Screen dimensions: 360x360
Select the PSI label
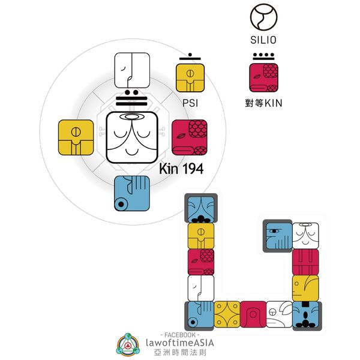[190, 103]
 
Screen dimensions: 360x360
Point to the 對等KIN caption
[264, 103]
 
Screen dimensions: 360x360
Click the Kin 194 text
[181, 169]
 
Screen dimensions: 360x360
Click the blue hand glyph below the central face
[132, 193]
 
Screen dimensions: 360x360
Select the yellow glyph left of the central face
[76, 137]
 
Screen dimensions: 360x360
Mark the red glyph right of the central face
[189, 137]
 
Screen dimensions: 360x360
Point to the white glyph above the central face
[132, 71]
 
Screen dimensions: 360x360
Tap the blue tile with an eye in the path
[277, 235]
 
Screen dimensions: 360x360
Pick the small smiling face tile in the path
[305, 235]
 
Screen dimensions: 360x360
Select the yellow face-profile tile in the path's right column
[305, 288]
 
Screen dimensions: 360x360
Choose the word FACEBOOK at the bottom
[180, 332]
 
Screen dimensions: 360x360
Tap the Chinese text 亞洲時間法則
[180, 353]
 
